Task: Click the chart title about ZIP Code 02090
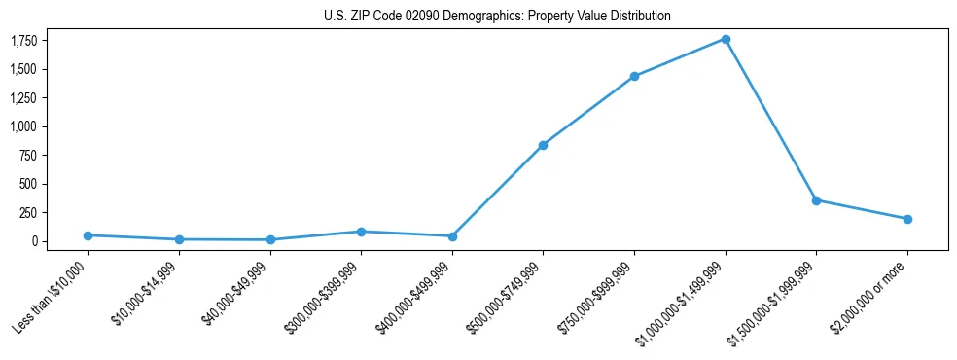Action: click(x=497, y=17)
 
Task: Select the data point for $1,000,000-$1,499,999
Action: click(x=725, y=39)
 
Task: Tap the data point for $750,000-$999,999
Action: click(x=634, y=76)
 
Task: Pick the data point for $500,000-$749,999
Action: click(x=543, y=145)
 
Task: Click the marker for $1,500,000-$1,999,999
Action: click(x=816, y=200)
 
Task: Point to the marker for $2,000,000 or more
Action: click(x=907, y=219)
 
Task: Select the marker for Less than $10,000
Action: click(x=88, y=235)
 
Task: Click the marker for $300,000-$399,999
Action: click(x=361, y=232)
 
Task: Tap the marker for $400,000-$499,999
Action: click(x=452, y=236)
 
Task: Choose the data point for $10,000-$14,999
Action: click(x=179, y=239)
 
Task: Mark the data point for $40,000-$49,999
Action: click(x=270, y=239)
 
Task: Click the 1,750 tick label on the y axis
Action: click(x=23, y=41)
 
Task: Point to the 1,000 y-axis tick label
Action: click(x=23, y=126)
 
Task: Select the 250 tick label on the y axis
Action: click(x=27, y=212)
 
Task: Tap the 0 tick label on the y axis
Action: click(x=33, y=241)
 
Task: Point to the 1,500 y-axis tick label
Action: click(x=23, y=69)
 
